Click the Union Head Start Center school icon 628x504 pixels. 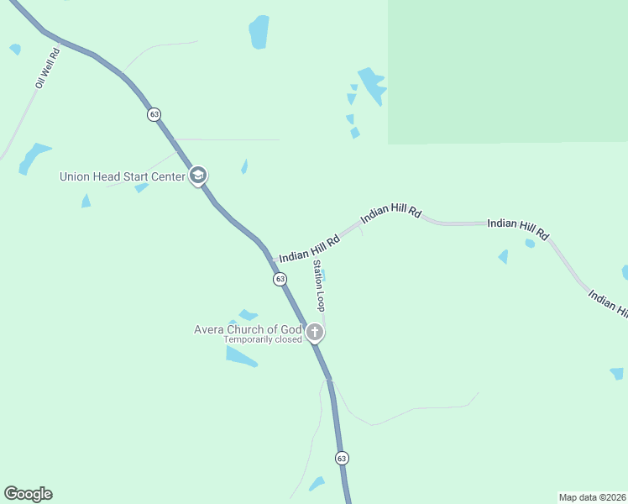[198, 176]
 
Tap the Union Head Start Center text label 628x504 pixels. [122, 176]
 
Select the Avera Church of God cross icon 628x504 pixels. [315, 332]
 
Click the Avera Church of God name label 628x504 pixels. [248, 329]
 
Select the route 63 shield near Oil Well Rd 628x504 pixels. [154, 114]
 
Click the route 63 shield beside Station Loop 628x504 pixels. [280, 279]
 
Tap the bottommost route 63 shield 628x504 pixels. [341, 458]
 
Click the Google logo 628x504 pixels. [28, 494]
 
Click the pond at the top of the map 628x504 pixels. [259, 32]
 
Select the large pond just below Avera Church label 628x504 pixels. [240, 356]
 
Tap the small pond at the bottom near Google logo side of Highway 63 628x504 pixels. [317, 484]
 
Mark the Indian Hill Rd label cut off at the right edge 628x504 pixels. [608, 304]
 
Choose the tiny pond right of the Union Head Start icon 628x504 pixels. [244, 166]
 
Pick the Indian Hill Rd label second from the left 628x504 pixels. [390, 216]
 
